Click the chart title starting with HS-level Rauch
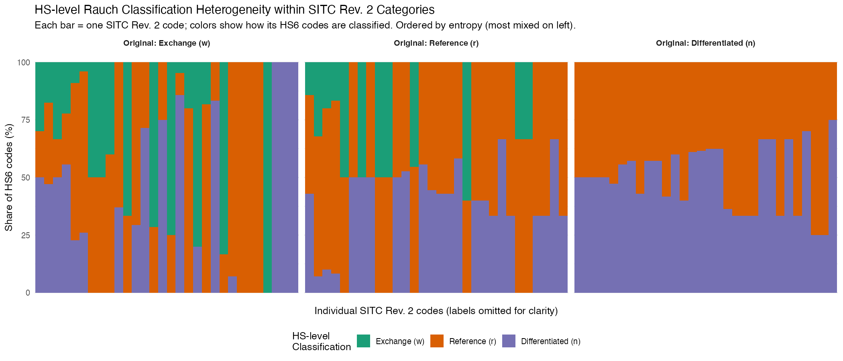(234, 10)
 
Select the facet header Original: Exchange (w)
(167, 43)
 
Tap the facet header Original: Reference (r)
(436, 43)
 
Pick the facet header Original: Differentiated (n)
(705, 43)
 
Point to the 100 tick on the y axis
(23, 63)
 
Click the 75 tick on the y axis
(25, 120)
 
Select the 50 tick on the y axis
(25, 178)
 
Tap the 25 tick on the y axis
(25, 235)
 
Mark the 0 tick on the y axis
(28, 293)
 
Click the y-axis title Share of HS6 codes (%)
(9, 177)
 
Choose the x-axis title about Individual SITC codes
(436, 311)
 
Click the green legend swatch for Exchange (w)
(363, 341)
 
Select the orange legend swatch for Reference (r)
(437, 341)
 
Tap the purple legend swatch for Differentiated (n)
(509, 341)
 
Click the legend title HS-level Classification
(321, 341)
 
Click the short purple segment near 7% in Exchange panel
(232, 285)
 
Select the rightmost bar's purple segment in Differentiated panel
(833, 207)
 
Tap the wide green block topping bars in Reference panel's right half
(524, 100)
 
